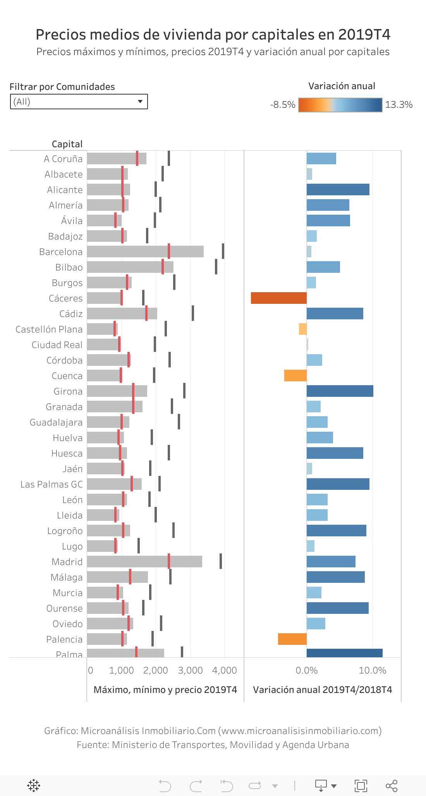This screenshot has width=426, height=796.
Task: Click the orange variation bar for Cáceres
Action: pos(278,298)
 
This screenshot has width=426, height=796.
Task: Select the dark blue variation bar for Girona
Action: pos(340,391)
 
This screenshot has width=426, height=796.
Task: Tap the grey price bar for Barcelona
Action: pos(128,252)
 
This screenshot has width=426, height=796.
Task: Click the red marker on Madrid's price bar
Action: pos(169,561)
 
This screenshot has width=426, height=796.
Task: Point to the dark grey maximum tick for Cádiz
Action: pos(193,313)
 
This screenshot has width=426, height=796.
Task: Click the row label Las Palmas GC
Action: pos(52,484)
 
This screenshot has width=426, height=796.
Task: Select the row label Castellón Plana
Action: pos(49,329)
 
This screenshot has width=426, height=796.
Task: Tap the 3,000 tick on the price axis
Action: pos(190,670)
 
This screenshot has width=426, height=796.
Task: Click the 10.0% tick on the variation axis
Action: pos(372,670)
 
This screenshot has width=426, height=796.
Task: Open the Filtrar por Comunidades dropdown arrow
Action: pos(140,102)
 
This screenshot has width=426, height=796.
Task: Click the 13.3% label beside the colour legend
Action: pos(399,105)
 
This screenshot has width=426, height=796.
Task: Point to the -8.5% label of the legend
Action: pos(283,105)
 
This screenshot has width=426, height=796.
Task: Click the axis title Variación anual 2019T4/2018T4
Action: pos(322,690)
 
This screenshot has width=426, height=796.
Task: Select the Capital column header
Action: pos(67,144)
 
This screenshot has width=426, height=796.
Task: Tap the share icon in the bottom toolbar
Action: pos(392,786)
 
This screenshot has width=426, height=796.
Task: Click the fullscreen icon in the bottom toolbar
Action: pos(361,786)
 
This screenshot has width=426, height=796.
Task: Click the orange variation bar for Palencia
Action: pos(292,639)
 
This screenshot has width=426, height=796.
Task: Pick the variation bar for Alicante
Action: pos(338,190)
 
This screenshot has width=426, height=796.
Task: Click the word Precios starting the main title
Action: pos(61,35)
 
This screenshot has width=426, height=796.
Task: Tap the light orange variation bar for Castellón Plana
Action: pos(303,329)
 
